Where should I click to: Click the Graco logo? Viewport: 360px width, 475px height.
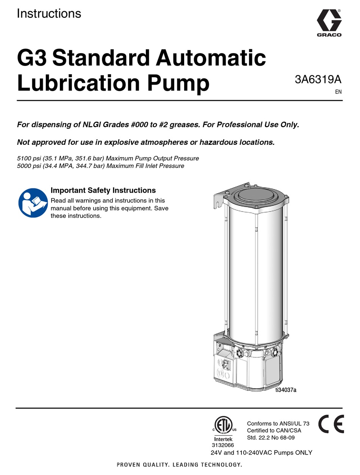coord(329,23)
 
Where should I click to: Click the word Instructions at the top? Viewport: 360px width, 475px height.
coord(49,13)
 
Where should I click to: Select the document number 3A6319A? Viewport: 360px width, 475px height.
coord(318,80)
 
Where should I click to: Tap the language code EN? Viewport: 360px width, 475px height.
coord(338,92)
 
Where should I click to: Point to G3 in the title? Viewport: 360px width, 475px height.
coord(32,58)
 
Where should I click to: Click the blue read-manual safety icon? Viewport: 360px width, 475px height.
coord(33,203)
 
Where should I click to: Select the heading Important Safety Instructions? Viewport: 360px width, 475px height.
coord(103,190)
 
